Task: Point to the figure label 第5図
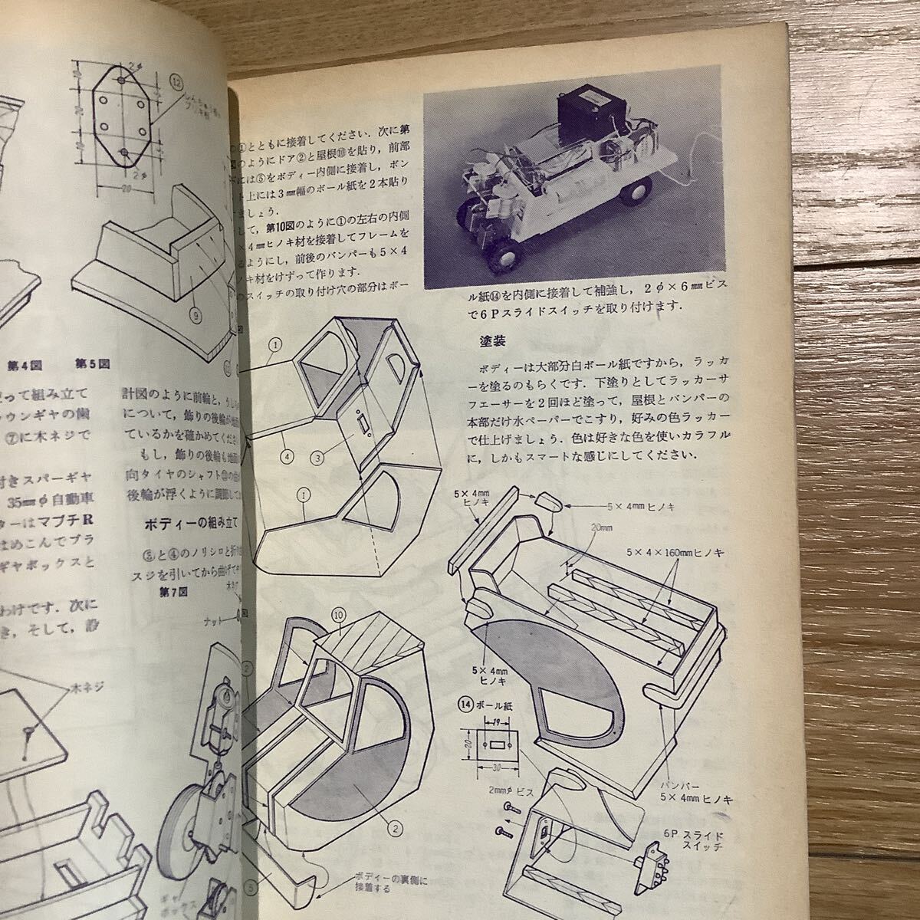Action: (92, 363)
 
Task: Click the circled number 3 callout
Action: (317, 458)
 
